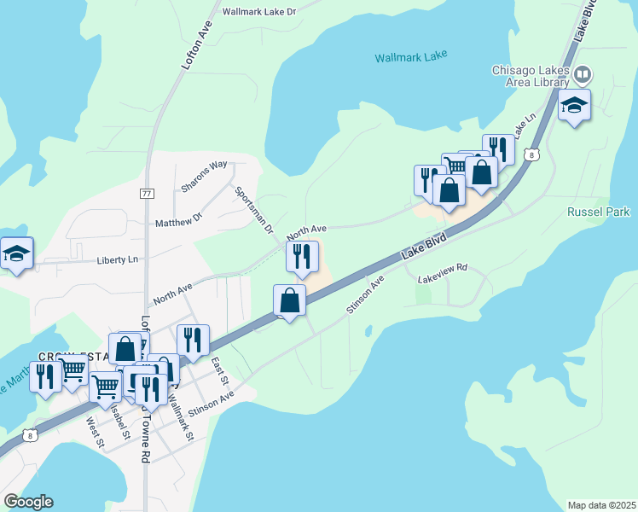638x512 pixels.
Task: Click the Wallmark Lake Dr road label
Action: coord(258,12)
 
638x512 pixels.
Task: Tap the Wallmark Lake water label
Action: coord(411,57)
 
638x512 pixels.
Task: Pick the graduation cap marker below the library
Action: coord(574,106)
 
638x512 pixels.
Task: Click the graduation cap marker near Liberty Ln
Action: coord(16,253)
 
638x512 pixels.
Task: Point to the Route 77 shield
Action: coord(147,194)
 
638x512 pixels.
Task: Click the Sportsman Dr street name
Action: coord(254,210)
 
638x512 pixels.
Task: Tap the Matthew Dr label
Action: coord(178,221)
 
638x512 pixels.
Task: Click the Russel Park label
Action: coord(598,211)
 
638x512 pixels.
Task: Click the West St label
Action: coord(95,433)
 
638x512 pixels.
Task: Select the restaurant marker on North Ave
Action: coord(302,256)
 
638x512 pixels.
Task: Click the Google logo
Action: coord(28,502)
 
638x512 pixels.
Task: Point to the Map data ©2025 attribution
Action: coord(601,505)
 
